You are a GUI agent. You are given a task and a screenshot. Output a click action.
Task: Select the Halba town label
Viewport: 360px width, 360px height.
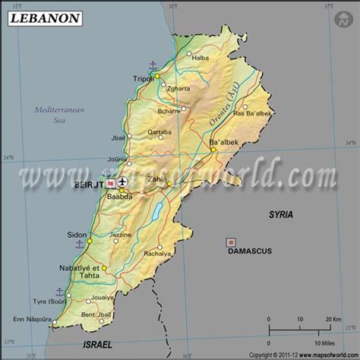click(201, 58)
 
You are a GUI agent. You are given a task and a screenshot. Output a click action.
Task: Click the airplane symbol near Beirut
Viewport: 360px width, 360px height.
click(124, 183)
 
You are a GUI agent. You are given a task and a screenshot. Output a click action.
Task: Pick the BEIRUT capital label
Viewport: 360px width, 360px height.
click(89, 184)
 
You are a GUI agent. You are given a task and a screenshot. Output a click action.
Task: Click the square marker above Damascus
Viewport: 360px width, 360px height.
click(230, 242)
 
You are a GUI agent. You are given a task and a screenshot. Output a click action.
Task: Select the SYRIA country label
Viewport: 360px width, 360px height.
click(281, 215)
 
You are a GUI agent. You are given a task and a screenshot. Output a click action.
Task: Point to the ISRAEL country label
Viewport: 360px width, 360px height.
click(96, 344)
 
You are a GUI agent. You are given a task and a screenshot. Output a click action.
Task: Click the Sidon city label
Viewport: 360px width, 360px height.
click(77, 235)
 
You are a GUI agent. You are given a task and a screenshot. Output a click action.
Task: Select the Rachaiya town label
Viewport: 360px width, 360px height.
click(157, 253)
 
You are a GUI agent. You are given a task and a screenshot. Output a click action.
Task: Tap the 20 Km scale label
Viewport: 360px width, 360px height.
click(331, 320)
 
